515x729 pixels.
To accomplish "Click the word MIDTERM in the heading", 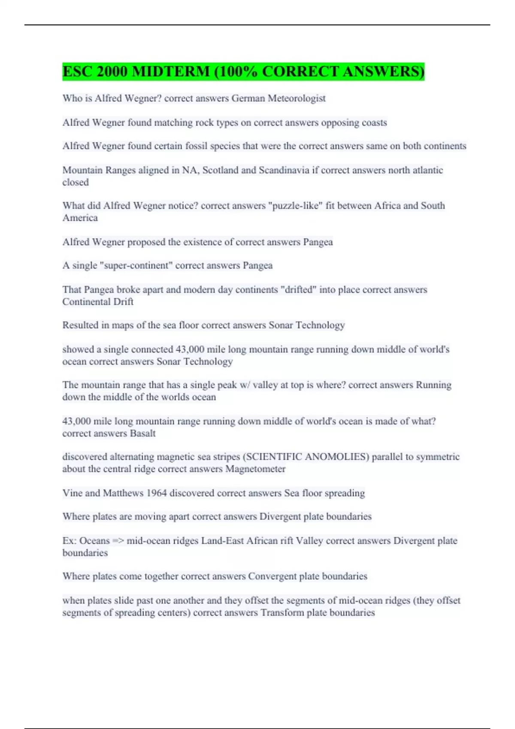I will (x=170, y=71).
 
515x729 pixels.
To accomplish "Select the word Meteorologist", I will (x=297, y=98).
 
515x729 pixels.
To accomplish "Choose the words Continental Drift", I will (x=98, y=302).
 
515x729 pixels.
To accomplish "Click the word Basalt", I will (x=142, y=434).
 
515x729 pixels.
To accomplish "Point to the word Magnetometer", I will (x=255, y=469).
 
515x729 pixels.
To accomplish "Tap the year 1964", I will (x=156, y=493).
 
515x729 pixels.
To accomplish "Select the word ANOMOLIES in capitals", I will (x=336, y=457).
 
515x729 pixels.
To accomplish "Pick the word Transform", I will (x=281, y=613).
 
